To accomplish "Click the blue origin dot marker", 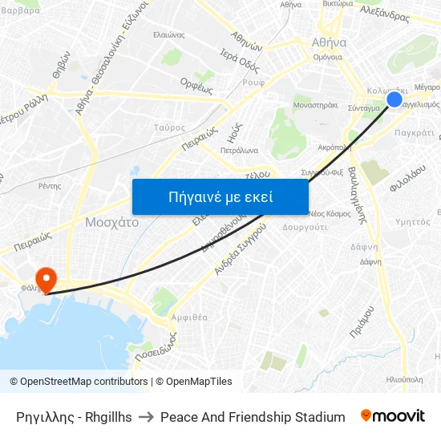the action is click(394, 99).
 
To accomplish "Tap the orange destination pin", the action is click(47, 279).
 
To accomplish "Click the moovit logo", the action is click(393, 416).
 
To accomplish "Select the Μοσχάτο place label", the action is click(111, 222).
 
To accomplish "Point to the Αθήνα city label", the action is click(329, 42).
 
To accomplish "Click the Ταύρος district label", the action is click(169, 127).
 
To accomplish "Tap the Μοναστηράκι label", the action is click(315, 104).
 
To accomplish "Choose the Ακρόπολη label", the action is click(334, 147).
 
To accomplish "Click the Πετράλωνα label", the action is click(239, 149).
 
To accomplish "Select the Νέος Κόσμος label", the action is click(330, 213).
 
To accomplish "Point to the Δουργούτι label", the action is click(305, 227).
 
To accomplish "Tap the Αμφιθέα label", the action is click(189, 317).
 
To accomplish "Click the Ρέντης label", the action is click(49, 185).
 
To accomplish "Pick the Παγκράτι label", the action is click(415, 132).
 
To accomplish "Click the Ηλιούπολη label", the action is click(404, 378).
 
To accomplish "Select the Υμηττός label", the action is click(413, 222).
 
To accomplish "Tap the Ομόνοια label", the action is click(327, 57).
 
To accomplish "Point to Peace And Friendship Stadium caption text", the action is click(253, 417).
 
